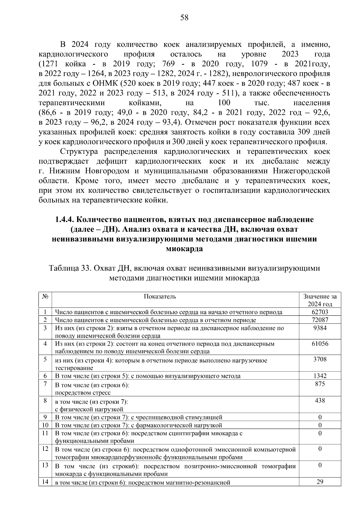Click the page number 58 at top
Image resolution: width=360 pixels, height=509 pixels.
(184, 18)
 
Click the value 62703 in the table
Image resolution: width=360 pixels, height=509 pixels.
(320, 312)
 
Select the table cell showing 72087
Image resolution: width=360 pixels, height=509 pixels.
(320, 320)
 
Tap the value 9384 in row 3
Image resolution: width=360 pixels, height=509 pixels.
(320, 328)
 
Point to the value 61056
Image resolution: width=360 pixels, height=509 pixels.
(320, 344)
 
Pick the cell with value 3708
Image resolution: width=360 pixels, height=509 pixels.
(320, 359)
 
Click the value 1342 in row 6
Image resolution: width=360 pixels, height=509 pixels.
(320, 376)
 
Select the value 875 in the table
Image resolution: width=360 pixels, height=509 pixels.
(320, 384)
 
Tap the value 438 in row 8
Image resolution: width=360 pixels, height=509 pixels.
(320, 400)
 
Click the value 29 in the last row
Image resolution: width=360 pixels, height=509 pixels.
(320, 482)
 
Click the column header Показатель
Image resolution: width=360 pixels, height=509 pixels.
(160, 296)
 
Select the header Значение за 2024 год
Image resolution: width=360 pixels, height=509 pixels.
(320, 300)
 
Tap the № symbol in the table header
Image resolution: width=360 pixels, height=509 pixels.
(45, 296)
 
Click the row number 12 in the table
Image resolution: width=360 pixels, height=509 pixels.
(45, 449)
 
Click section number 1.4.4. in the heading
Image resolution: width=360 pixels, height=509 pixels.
(64, 220)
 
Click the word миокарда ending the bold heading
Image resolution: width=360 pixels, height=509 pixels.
(184, 249)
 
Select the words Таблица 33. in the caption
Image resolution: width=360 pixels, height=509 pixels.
(70, 268)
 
